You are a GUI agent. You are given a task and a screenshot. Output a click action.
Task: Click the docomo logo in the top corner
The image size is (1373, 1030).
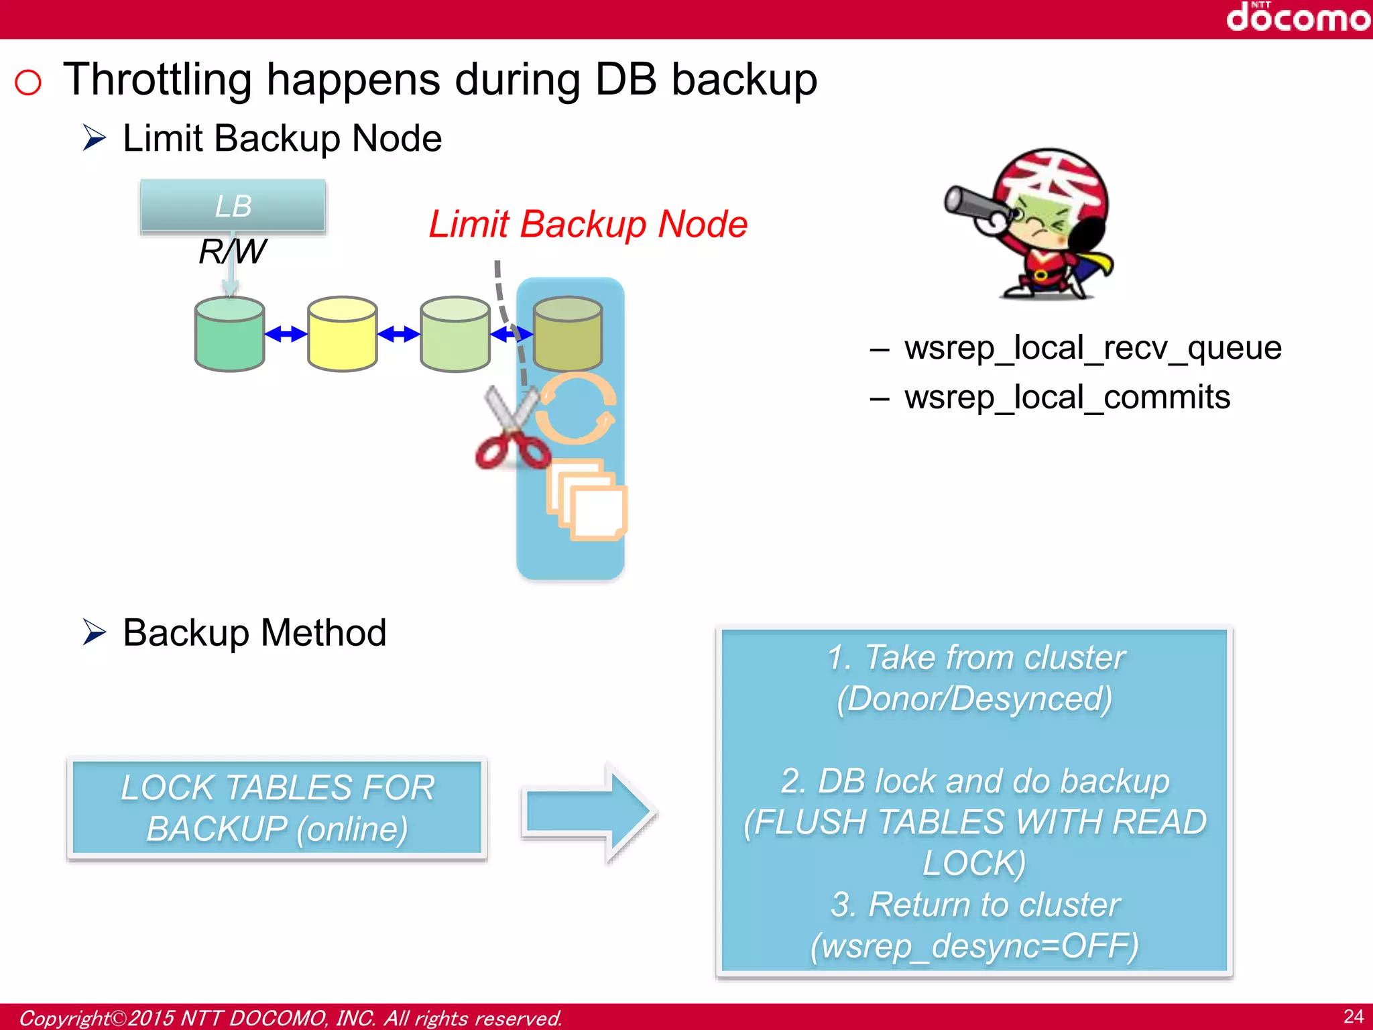(x=1297, y=17)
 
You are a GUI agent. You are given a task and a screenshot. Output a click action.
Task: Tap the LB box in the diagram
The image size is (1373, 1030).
(x=233, y=207)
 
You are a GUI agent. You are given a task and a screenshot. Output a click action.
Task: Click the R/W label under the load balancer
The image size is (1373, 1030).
(x=232, y=252)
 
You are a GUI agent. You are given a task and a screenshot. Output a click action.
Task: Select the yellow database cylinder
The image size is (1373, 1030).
(x=342, y=334)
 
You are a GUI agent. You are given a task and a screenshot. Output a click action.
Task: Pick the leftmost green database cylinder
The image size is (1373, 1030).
(x=229, y=334)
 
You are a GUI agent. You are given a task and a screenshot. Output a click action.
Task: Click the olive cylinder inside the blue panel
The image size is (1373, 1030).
(x=567, y=334)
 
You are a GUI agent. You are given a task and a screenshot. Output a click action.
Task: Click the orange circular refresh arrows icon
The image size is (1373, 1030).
(x=576, y=408)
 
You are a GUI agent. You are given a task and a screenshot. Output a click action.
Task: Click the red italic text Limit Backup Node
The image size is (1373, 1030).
(x=587, y=224)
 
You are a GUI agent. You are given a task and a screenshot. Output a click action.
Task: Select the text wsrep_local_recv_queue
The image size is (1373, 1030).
(x=1092, y=348)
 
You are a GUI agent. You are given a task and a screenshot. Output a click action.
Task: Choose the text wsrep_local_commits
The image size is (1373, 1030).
(x=1067, y=397)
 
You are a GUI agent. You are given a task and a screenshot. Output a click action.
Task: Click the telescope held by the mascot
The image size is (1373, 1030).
(x=976, y=205)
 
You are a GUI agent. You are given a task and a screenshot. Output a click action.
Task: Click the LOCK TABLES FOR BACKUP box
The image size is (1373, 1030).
(x=277, y=808)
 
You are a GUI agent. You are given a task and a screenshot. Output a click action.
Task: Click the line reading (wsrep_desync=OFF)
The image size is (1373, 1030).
(x=974, y=946)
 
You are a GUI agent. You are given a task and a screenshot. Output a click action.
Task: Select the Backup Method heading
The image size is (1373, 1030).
(x=254, y=632)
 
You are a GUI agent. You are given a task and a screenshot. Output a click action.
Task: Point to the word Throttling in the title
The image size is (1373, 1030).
(x=157, y=80)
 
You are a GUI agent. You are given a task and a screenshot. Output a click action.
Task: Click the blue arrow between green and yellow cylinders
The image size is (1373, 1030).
(x=286, y=333)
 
